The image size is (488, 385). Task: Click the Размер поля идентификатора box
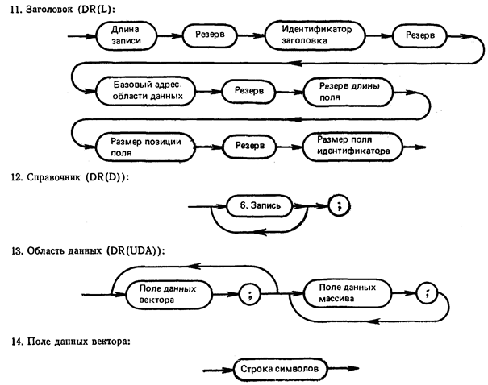point(353,144)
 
